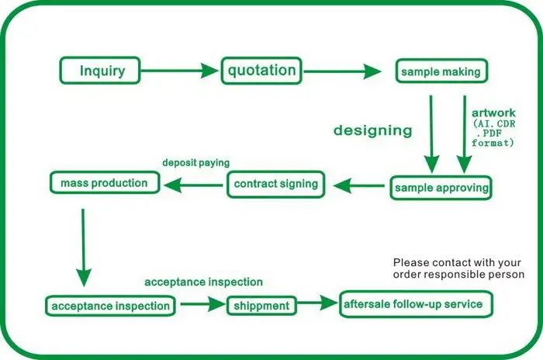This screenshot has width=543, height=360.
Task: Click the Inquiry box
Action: click(100, 71)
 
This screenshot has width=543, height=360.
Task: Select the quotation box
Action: click(261, 71)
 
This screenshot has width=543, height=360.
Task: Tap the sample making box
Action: click(441, 71)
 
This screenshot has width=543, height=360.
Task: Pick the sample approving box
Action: click(441, 188)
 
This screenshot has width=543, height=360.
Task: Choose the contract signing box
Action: click(276, 184)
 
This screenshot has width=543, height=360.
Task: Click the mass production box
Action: click(105, 182)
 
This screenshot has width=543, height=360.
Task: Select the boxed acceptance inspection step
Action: click(110, 306)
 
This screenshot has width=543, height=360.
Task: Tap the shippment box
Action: click(261, 306)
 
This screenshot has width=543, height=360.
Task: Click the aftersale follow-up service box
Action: click(416, 304)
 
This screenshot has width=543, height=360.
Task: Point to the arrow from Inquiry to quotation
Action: click(180, 71)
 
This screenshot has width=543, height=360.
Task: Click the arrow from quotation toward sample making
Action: click(343, 71)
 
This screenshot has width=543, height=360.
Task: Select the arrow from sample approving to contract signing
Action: click(358, 185)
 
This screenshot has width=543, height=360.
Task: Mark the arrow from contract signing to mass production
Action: click(193, 185)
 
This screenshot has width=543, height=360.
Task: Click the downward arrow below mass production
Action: click(84, 247)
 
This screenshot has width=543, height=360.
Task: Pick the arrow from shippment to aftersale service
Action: click(317, 303)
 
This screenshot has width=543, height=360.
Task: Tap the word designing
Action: click(373, 130)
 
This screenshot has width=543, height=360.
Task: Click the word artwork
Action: click(493, 112)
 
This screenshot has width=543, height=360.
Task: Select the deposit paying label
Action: click(196, 162)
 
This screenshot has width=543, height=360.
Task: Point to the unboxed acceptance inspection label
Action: click(203, 282)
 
